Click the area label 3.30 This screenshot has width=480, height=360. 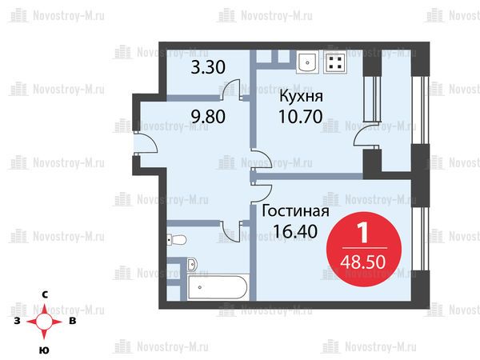click(208, 67)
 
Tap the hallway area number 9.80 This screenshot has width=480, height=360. click(208, 117)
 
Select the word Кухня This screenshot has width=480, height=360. click(302, 96)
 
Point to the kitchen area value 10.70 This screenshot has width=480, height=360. click(301, 117)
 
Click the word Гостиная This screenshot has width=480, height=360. click(296, 211)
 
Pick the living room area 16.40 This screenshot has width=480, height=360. click(295, 231)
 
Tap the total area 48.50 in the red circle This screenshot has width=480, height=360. click(363, 262)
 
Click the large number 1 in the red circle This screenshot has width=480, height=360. click(363, 233)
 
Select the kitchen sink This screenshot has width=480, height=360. click(307, 62)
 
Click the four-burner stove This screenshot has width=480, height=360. click(335, 62)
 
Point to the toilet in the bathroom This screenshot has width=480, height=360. click(176, 240)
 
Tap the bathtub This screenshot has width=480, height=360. click(218, 287)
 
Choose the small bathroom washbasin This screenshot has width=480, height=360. click(192, 265)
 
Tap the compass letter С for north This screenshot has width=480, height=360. click(45, 294)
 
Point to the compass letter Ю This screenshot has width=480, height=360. click(44, 350)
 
